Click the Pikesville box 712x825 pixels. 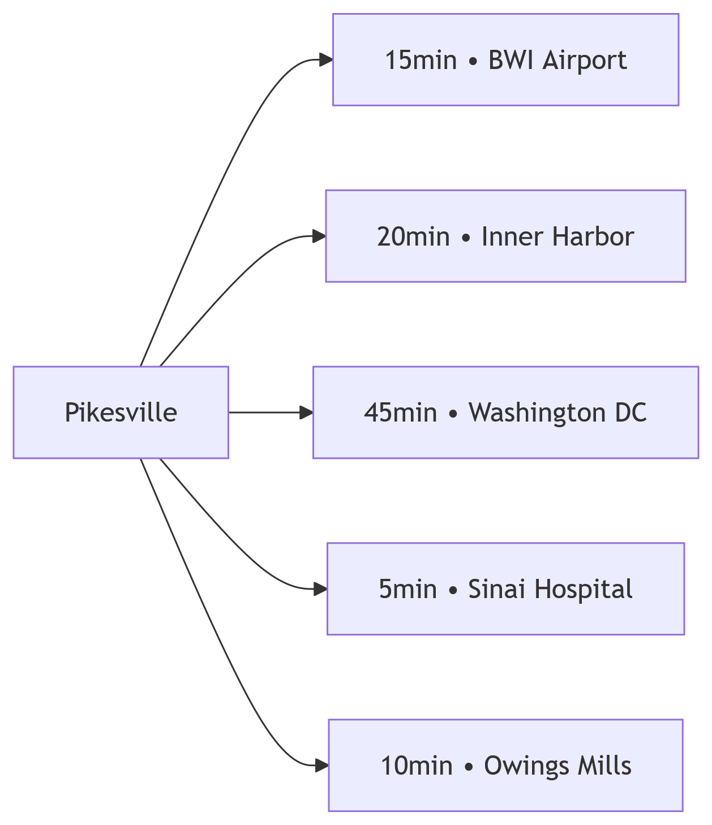click(121, 412)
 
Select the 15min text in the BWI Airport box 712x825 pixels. click(421, 60)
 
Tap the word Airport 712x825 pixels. click(585, 60)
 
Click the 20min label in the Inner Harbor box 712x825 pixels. click(413, 237)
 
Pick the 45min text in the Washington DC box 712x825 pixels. click(400, 413)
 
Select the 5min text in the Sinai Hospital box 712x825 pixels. click(408, 590)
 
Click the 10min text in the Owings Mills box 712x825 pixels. click(416, 766)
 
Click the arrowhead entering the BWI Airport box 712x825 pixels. click(325, 60)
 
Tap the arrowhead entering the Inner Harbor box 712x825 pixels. click(319, 237)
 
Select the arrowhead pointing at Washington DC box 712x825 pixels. click(306, 412)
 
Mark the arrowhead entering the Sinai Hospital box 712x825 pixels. click(320, 590)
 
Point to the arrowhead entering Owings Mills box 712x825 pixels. click(321, 766)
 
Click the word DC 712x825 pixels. click(632, 413)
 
